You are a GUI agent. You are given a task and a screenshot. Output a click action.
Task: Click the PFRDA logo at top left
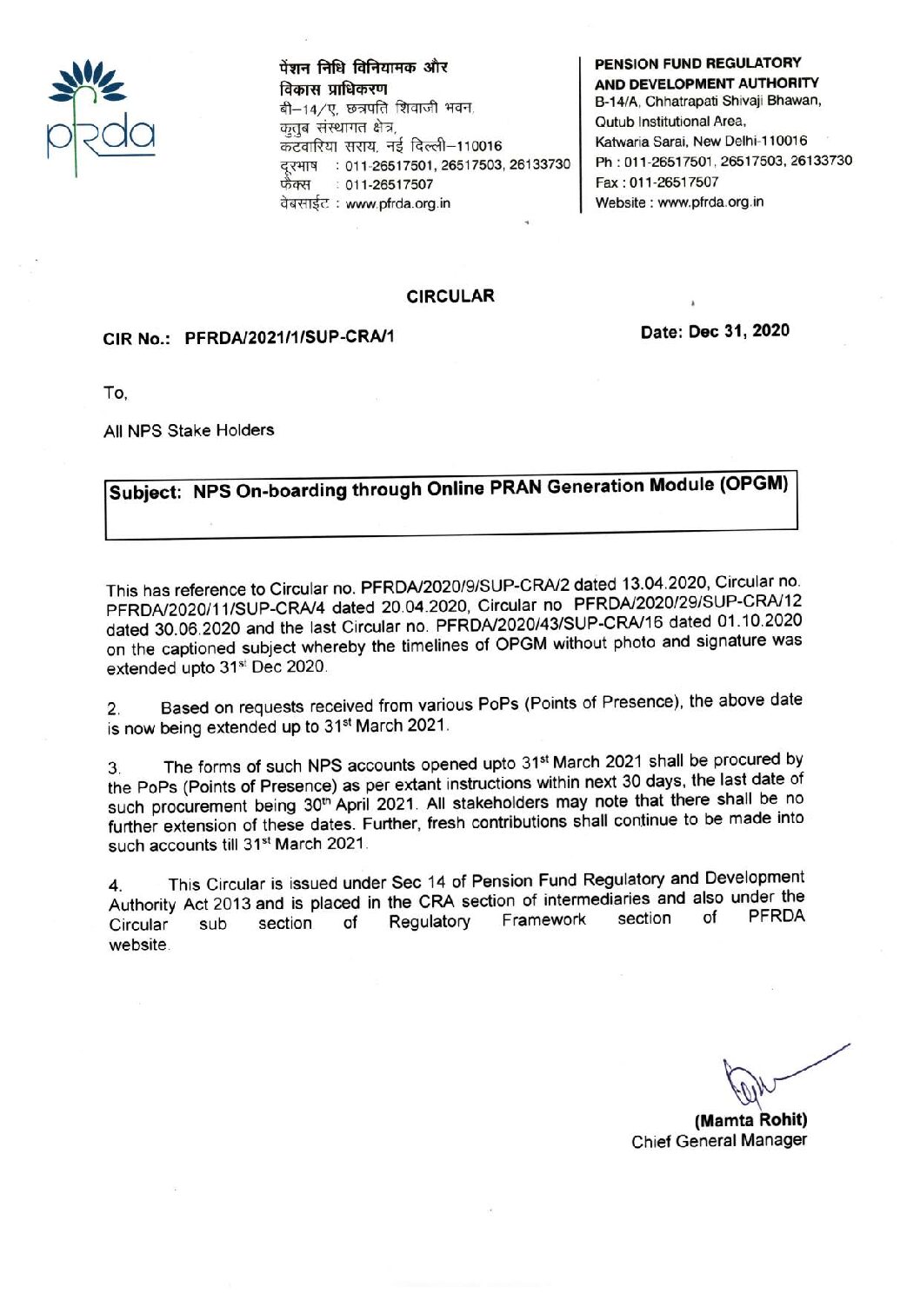point(100,117)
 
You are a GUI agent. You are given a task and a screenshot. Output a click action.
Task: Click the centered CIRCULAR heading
point(450,296)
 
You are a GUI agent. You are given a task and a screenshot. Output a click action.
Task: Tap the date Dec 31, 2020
point(715,331)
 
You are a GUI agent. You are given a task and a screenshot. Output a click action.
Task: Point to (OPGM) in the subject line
point(753,483)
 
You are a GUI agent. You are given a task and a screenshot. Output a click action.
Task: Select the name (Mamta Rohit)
point(750,1120)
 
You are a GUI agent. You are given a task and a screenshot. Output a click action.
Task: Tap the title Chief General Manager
point(718,1141)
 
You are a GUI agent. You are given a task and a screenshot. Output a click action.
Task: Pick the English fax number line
point(657,182)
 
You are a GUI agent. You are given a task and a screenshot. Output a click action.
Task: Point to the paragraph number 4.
point(115,886)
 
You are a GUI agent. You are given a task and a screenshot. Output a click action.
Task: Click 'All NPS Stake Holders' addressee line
point(189,431)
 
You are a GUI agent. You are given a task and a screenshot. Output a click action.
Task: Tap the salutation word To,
point(115,393)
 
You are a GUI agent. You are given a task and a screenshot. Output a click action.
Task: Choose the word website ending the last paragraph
point(138,945)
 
